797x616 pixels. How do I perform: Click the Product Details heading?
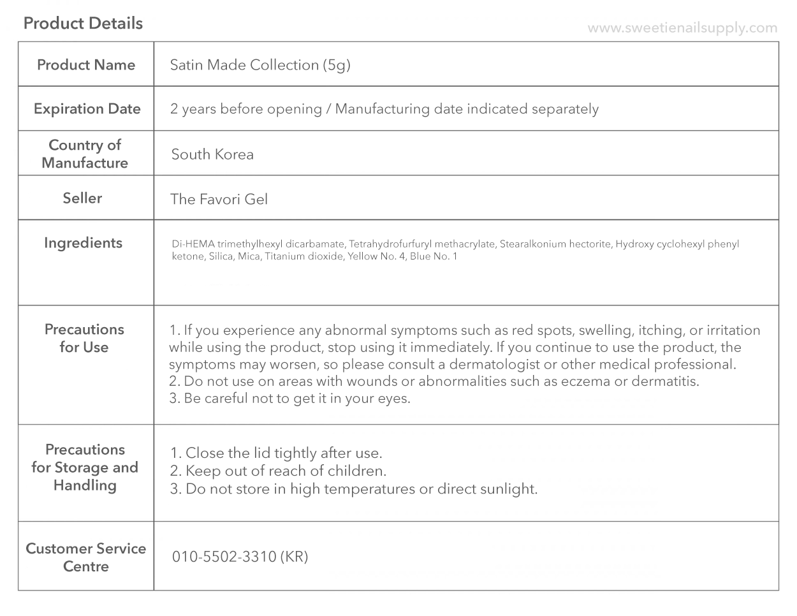tap(83, 24)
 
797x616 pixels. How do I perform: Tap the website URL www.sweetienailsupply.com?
tap(682, 28)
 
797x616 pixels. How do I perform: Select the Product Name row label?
tap(86, 64)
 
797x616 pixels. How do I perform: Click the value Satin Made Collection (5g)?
tap(260, 65)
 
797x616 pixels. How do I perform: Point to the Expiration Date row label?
tap(87, 108)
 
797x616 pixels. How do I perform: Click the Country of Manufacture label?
tap(85, 154)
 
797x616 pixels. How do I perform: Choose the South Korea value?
tap(212, 154)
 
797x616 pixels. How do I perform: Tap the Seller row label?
tap(82, 198)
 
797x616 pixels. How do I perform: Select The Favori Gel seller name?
tap(219, 199)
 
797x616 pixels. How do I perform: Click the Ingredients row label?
tap(83, 242)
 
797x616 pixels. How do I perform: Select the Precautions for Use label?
tap(84, 338)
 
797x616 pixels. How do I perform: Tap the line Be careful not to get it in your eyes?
tap(290, 399)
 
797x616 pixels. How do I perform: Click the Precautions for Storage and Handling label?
tap(85, 467)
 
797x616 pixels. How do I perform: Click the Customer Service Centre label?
tap(86, 557)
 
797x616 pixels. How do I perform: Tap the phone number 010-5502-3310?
tap(224, 557)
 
